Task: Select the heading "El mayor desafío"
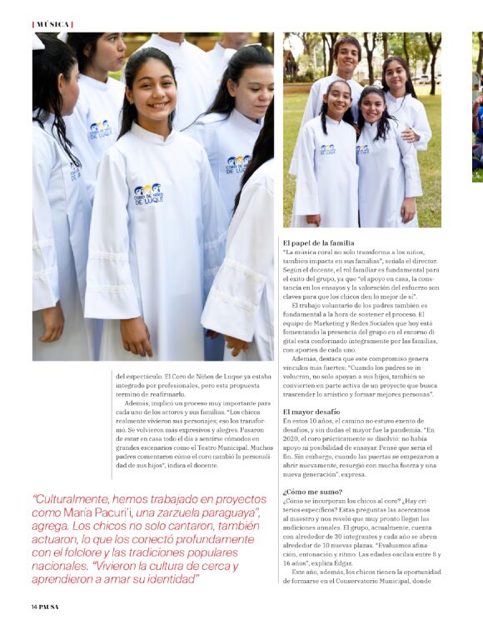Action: (x=311, y=412)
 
